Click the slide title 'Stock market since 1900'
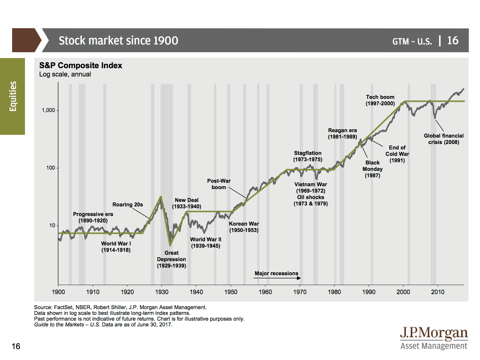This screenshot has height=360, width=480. (118, 41)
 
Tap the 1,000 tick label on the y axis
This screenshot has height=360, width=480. (48, 110)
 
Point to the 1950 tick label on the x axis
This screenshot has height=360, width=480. (231, 292)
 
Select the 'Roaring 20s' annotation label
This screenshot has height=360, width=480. (127, 204)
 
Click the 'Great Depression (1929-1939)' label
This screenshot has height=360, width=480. (172, 259)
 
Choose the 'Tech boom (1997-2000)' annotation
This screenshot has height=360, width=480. (380, 100)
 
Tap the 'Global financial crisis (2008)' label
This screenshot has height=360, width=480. (444, 139)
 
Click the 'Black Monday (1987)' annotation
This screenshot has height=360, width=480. (372, 169)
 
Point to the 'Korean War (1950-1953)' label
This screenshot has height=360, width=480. (244, 227)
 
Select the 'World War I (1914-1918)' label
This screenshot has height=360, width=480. (116, 247)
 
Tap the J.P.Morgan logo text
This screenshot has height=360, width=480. (434, 333)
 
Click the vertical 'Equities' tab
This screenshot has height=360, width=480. (12, 96)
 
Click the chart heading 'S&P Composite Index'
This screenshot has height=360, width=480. (81, 66)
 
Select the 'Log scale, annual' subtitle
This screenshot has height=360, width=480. (65, 74)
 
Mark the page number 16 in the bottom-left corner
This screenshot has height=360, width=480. (16, 346)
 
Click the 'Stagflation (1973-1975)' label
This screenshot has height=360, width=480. (308, 156)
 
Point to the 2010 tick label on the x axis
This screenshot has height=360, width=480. (437, 292)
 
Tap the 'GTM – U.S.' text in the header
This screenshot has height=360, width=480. (412, 41)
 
